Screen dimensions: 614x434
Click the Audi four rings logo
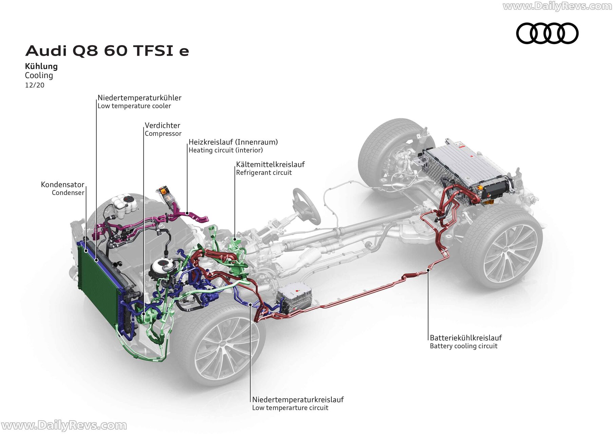[547, 33]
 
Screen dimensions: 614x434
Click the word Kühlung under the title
[41, 66]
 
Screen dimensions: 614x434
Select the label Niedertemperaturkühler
[139, 98]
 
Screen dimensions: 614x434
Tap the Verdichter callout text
[162, 125]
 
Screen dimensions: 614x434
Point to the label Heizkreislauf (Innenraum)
[233, 142]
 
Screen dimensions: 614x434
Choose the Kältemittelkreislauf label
[270, 164]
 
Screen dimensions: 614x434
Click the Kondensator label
[62, 184]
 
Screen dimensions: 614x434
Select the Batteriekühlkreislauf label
[466, 338]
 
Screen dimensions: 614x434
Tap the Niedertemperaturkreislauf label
[298, 399]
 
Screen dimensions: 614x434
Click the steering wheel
[306, 206]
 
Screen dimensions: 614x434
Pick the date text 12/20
[35, 85]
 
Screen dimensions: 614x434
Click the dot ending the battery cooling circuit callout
[428, 270]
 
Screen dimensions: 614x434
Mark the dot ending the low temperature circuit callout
[250, 304]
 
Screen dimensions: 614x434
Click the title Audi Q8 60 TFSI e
[107, 51]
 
